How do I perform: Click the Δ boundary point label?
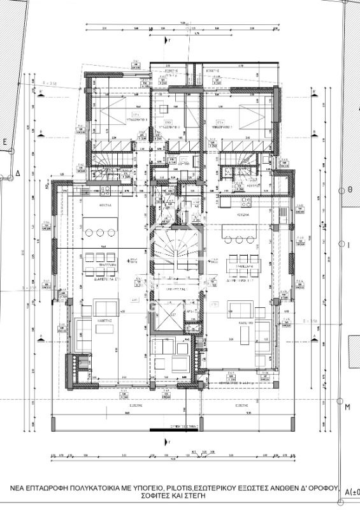tap(18, 173)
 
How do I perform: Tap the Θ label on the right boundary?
tap(349, 190)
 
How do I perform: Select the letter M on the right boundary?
tap(348, 407)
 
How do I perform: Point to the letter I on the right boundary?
tap(349, 244)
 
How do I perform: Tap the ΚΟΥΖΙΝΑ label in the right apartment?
tap(241, 215)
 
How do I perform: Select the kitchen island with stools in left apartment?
tap(106, 230)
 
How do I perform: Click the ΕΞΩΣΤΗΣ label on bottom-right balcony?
tap(240, 404)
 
